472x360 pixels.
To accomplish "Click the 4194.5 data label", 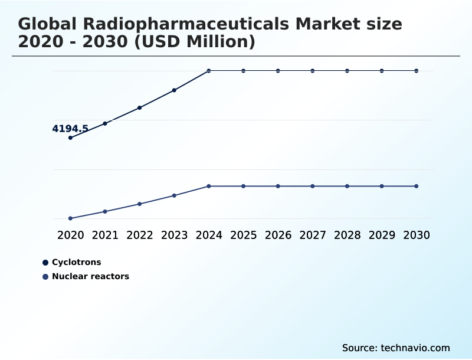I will pyautogui.click(x=70, y=129).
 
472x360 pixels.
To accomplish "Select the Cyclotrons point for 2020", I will pyautogui.click(x=70, y=138).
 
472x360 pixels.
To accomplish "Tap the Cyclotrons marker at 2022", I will pyautogui.click(x=140, y=107).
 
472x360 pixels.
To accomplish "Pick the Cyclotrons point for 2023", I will pyautogui.click(x=174, y=90).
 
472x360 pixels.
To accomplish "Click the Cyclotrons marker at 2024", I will pyautogui.click(x=209, y=71).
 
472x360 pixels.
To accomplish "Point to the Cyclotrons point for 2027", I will pyautogui.click(x=313, y=71).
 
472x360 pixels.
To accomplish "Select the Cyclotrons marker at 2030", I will pyautogui.click(x=417, y=71).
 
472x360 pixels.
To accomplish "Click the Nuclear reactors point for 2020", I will pyautogui.click(x=70, y=218).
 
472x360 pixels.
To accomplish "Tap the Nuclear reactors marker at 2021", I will pyautogui.click(x=105, y=211).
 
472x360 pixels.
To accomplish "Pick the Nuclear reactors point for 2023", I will pyautogui.click(x=174, y=195).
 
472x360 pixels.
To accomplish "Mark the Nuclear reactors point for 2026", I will pyautogui.click(x=278, y=186).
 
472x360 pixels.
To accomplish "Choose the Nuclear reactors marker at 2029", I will pyautogui.click(x=382, y=186).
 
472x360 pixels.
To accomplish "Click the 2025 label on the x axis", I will pyautogui.click(x=243, y=235).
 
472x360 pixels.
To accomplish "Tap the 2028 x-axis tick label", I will pyautogui.click(x=347, y=235).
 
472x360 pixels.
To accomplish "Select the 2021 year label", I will pyautogui.click(x=105, y=235).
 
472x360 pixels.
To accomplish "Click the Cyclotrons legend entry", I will pyautogui.click(x=76, y=262).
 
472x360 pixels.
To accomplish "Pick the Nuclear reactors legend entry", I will pyautogui.click(x=90, y=276).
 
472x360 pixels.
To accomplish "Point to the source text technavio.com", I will pyautogui.click(x=415, y=348).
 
